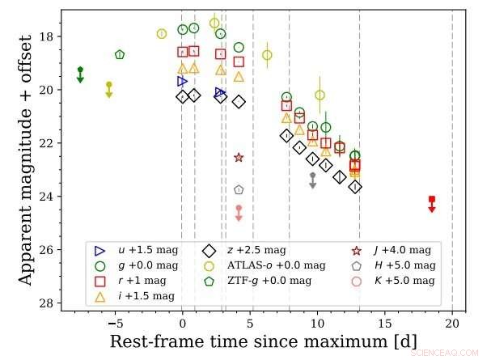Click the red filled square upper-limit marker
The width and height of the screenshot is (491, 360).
432,199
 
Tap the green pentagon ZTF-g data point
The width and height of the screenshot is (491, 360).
120,54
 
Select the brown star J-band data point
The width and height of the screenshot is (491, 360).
239,158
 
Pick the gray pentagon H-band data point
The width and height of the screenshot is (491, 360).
239,189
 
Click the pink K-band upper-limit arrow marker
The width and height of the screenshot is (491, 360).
239,209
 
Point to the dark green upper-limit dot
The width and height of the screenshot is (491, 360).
80,70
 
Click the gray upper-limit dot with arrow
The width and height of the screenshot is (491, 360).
312,176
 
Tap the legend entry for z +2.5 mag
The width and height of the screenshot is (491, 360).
251,250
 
